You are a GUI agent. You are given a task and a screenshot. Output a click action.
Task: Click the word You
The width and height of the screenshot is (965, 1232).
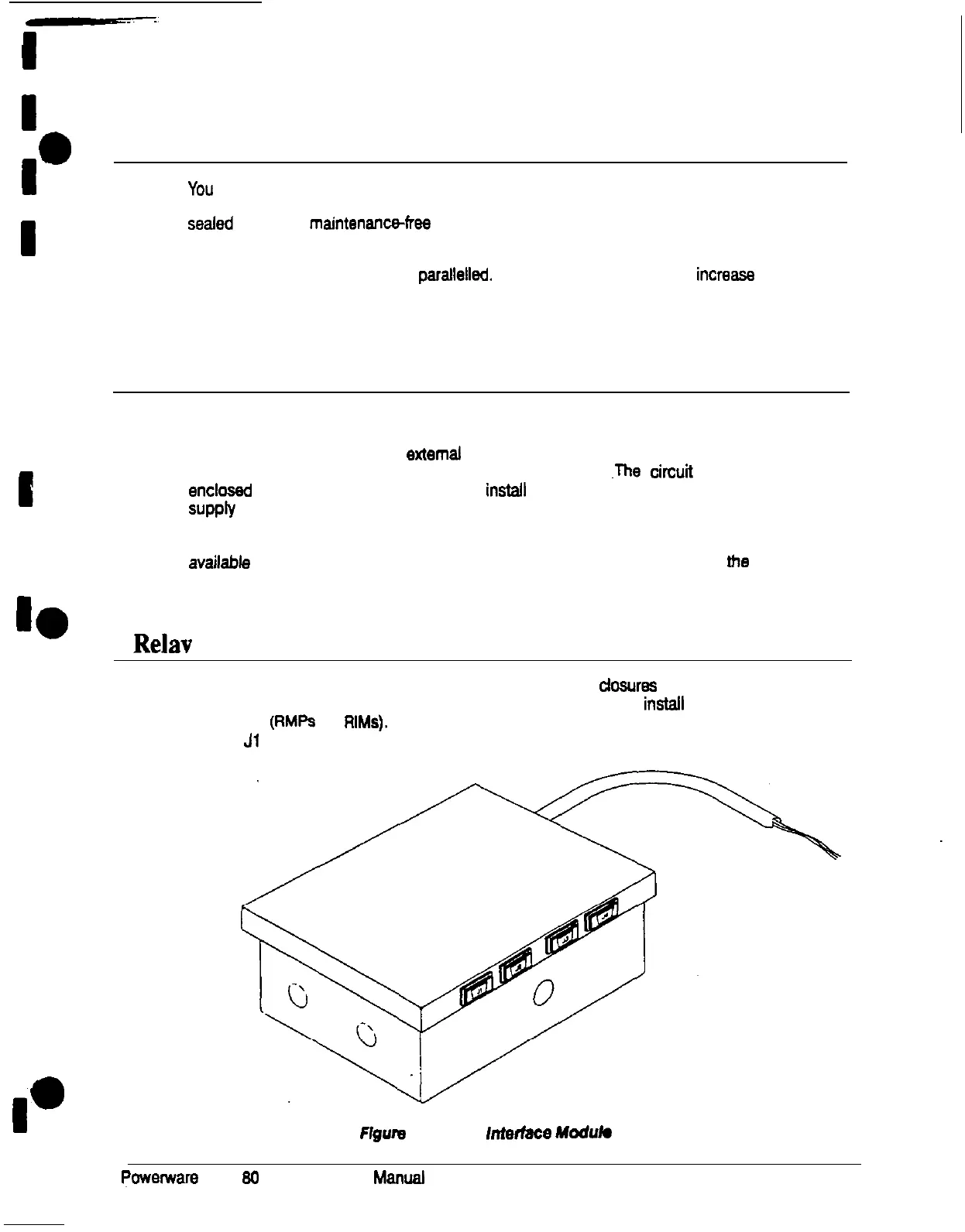pyautogui.click(x=201, y=190)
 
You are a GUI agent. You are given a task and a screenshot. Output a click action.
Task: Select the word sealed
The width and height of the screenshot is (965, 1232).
pyautogui.click(x=211, y=224)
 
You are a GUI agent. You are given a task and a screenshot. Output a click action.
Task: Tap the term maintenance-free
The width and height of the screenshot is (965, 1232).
pyautogui.click(x=369, y=224)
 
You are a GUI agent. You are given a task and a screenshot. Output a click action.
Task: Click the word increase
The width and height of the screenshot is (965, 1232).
pyautogui.click(x=725, y=275)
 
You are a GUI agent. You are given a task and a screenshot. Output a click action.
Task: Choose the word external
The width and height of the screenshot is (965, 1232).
pyautogui.click(x=434, y=454)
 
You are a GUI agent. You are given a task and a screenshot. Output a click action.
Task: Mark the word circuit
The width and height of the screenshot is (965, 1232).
pyautogui.click(x=671, y=472)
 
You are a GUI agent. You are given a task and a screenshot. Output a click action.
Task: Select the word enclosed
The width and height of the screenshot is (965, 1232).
pyautogui.click(x=220, y=491)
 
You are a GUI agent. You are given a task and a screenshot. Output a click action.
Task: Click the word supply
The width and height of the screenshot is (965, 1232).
pyautogui.click(x=211, y=510)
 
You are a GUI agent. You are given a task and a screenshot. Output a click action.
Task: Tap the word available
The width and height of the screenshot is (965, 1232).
pyautogui.click(x=219, y=563)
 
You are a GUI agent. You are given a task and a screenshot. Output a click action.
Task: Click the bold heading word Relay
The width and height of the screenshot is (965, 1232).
pyautogui.click(x=163, y=644)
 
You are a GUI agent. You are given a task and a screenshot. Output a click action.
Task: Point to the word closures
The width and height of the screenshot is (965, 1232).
pyautogui.click(x=627, y=686)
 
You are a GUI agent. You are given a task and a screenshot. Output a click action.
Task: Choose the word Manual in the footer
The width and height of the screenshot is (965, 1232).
pyautogui.click(x=399, y=1178)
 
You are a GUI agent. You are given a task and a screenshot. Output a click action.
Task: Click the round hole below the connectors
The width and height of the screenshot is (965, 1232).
pyautogui.click(x=544, y=991)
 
